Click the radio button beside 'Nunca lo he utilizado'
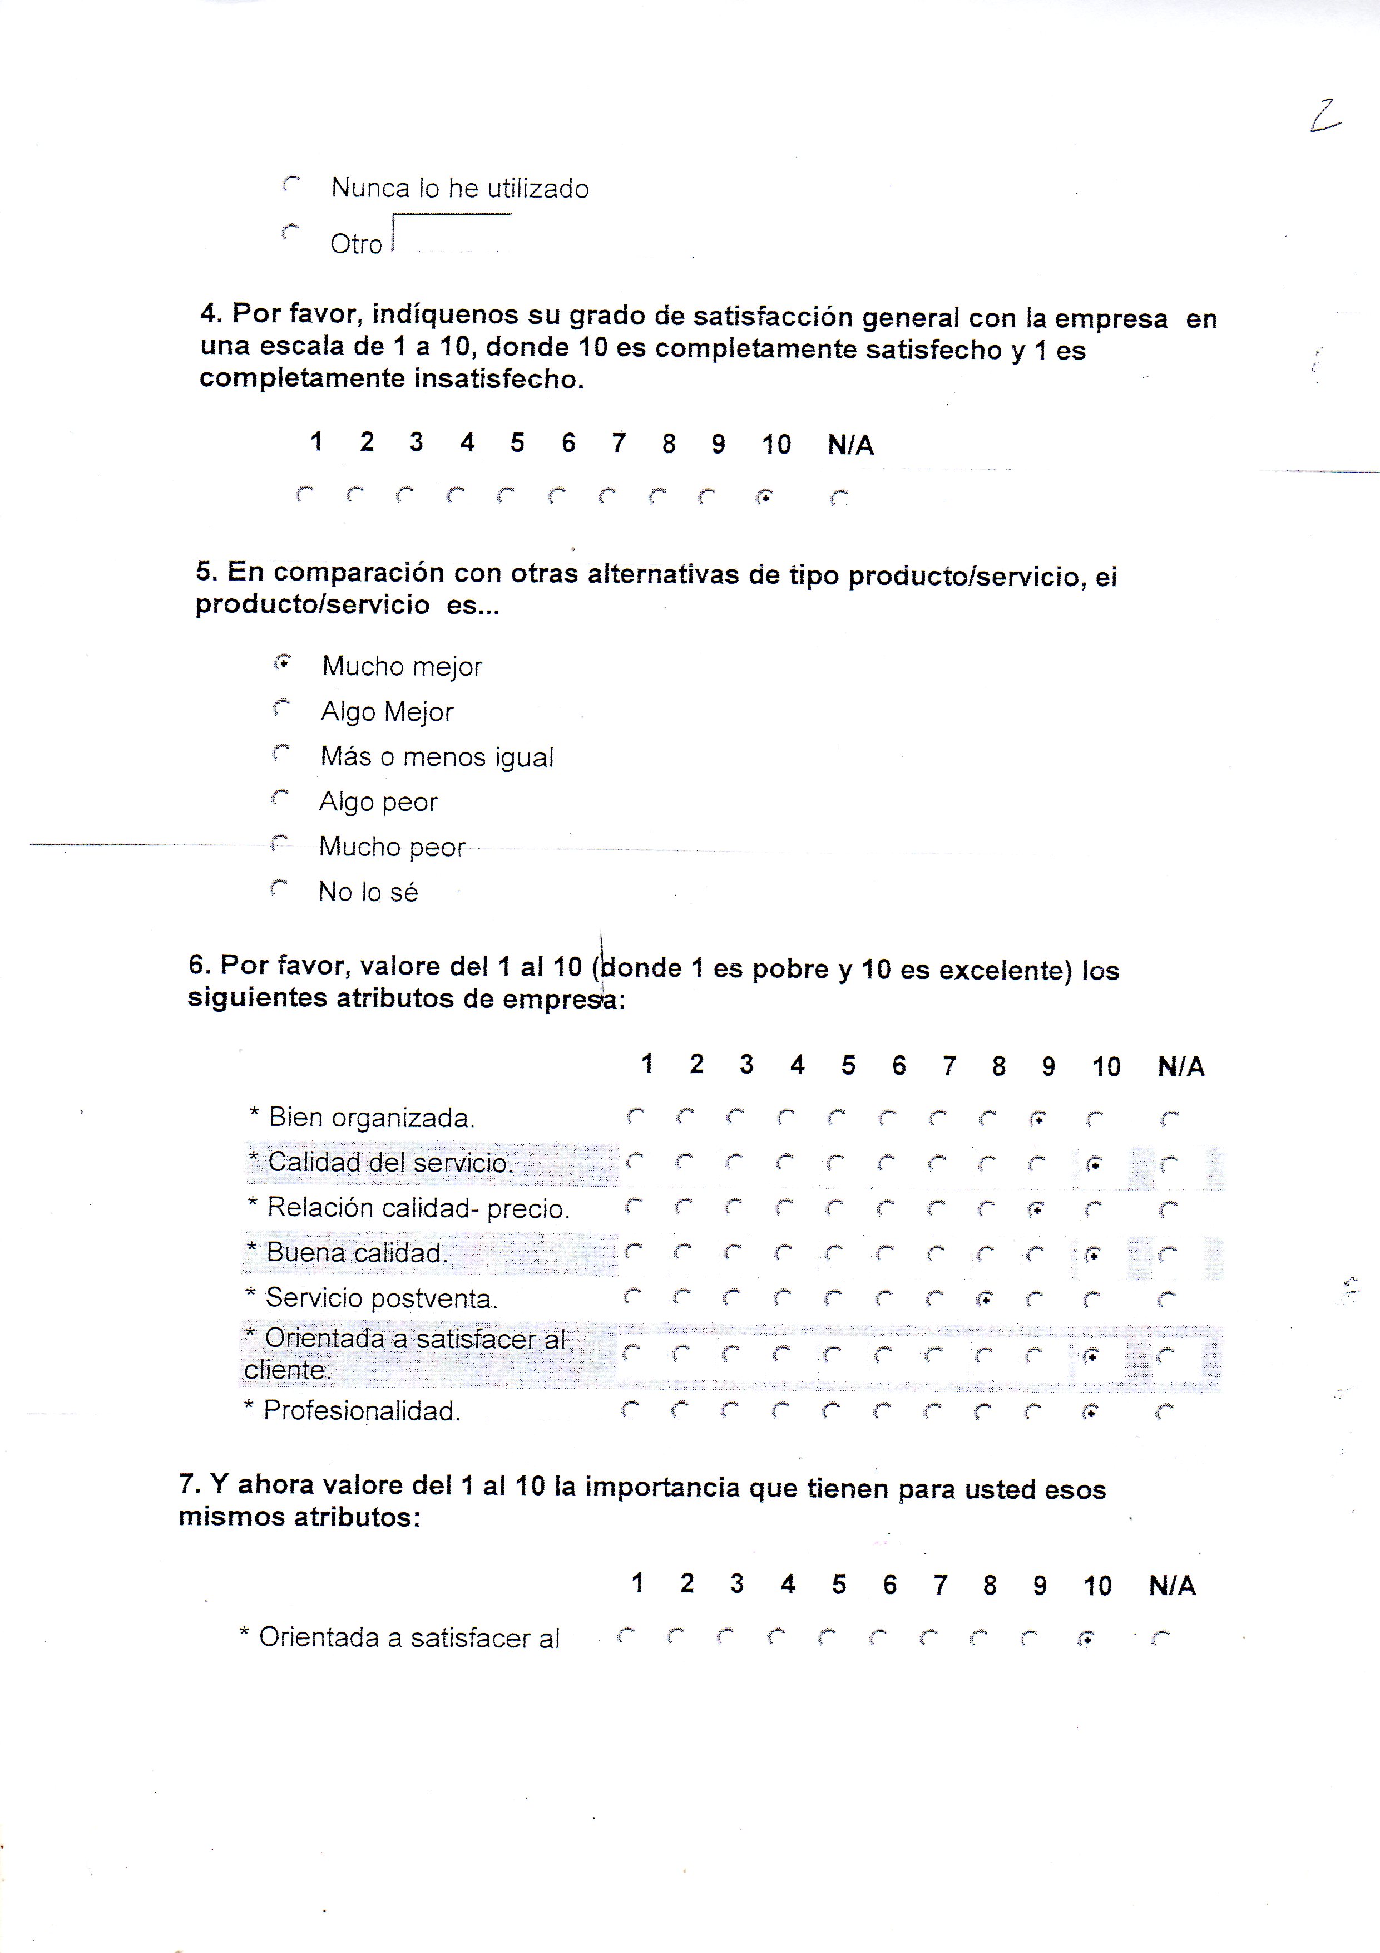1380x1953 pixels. click(291, 184)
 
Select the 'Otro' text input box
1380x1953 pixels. click(452, 235)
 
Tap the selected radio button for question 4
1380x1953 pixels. click(764, 498)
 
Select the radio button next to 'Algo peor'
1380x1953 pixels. click(280, 798)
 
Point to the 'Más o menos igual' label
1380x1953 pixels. click(436, 757)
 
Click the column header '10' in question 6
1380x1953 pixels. click(1105, 1067)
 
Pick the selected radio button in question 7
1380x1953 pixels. click(1086, 1639)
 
